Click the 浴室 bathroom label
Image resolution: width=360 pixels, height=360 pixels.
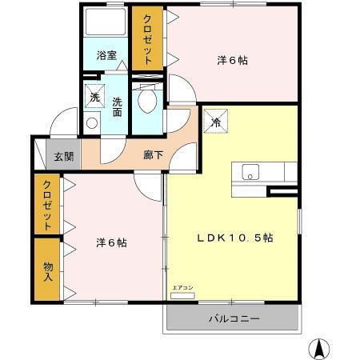point(106,56)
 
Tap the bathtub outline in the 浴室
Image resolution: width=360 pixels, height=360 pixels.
point(105,24)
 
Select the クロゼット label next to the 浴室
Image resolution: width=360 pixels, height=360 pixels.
point(148,39)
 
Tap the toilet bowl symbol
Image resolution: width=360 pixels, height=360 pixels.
point(146,99)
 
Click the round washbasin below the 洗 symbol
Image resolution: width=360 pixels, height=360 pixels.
point(90,123)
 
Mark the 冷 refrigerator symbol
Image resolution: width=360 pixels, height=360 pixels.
point(216,122)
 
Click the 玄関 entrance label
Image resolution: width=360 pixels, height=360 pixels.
point(64,157)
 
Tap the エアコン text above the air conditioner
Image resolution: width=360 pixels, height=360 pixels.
point(182,286)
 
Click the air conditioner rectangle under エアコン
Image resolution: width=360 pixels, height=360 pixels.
point(182,294)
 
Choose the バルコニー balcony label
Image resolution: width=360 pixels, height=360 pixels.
point(234,318)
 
